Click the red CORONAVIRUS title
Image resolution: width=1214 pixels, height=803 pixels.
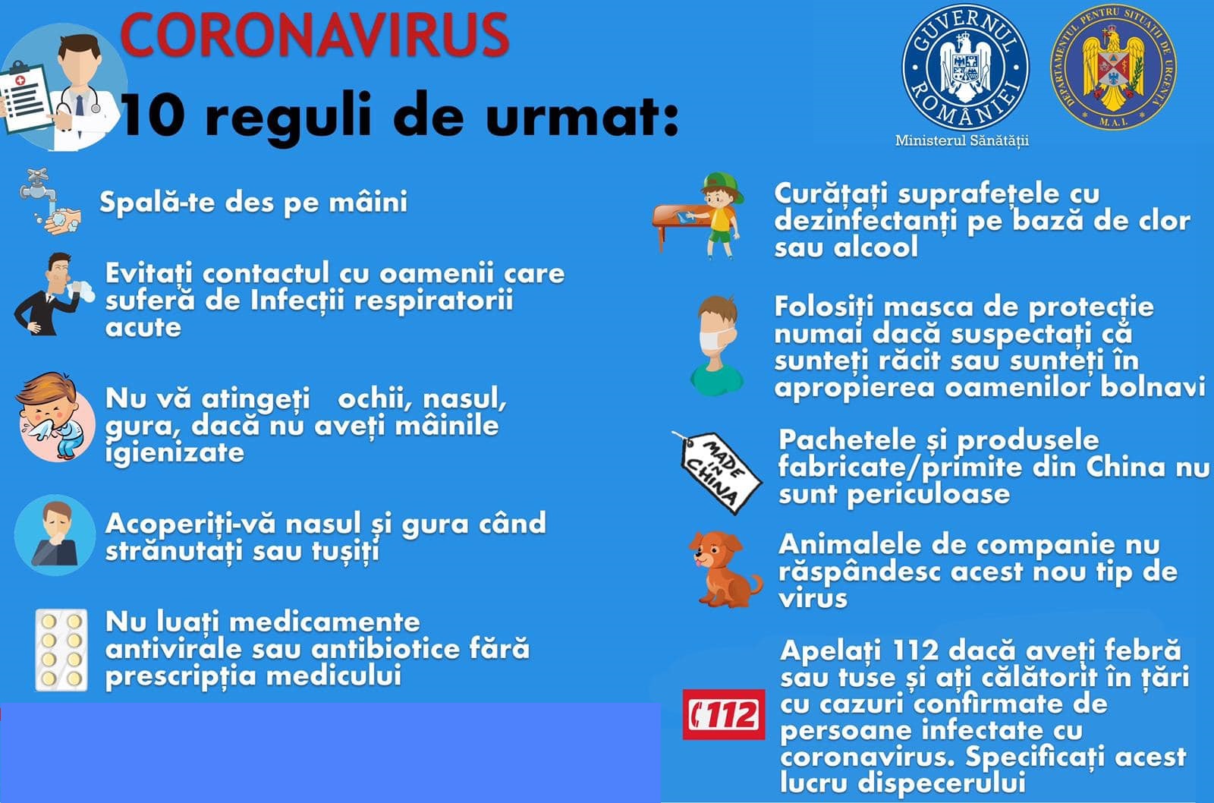click(314, 35)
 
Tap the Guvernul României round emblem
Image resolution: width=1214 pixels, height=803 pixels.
click(965, 68)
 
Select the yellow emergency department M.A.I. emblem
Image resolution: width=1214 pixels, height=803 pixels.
click(1113, 68)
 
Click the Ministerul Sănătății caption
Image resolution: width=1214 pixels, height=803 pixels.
click(962, 141)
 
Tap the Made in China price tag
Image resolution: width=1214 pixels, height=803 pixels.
click(718, 473)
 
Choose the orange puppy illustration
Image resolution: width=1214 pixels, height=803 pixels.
click(724, 569)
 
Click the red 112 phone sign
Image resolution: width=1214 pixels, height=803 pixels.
click(724, 714)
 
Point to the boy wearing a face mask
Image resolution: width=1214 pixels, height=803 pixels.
click(716, 345)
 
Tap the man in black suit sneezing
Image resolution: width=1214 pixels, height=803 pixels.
click(52, 294)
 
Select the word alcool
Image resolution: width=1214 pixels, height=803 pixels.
click(876, 247)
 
